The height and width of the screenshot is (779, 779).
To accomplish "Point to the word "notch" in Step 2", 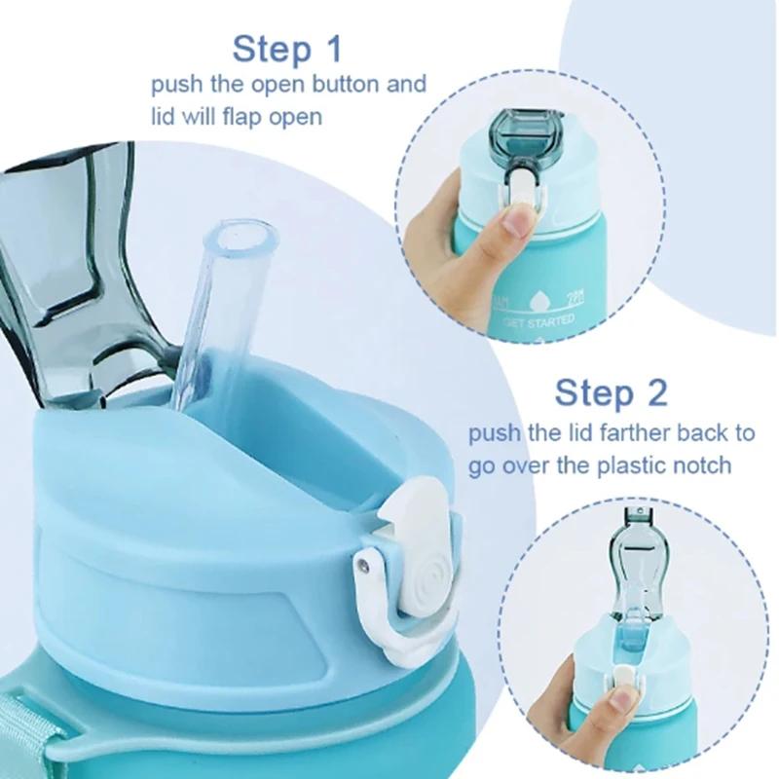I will (695, 464).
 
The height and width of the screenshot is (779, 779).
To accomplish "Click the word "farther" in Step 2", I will (623, 431).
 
